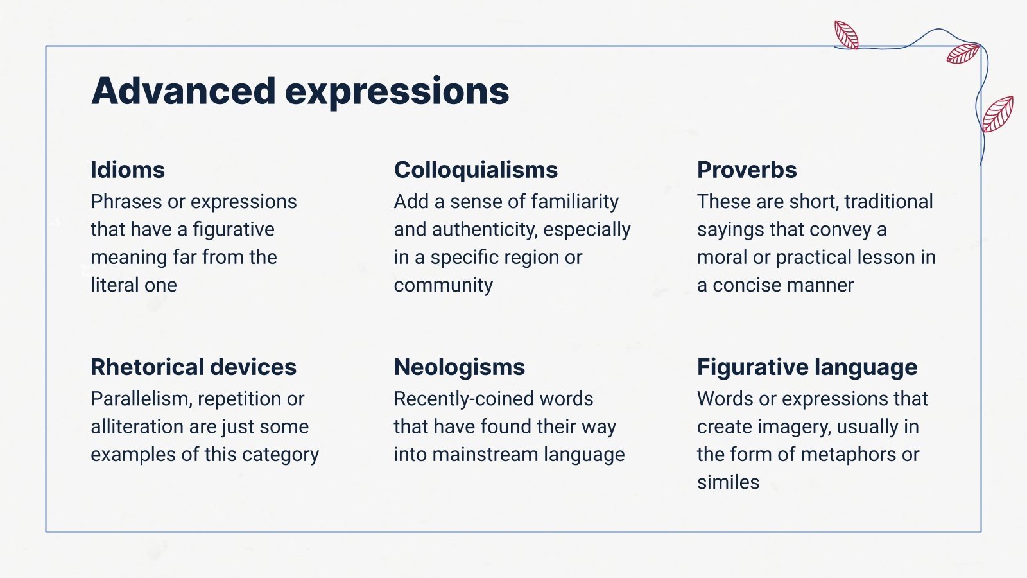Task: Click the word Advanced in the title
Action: tap(183, 91)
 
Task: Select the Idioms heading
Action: tap(128, 170)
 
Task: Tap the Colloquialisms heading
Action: tap(476, 170)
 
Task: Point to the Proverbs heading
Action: tap(747, 170)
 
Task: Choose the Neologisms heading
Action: tap(459, 367)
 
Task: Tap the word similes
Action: tap(728, 482)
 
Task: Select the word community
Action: tap(443, 285)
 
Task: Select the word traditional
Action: tap(888, 202)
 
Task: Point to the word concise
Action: tap(750, 285)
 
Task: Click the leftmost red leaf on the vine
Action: tap(846, 35)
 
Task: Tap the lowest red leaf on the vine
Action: tap(997, 114)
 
